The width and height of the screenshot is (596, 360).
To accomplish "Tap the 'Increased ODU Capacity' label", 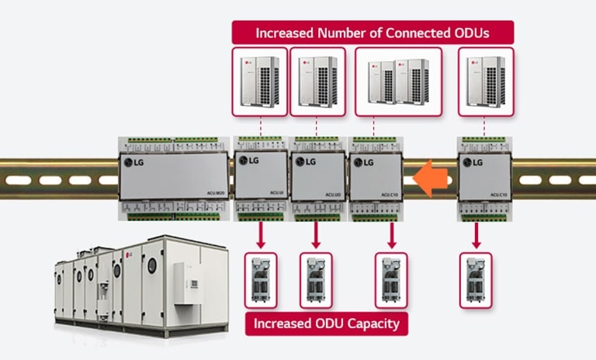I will click(x=327, y=324).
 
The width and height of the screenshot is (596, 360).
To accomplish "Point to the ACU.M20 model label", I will click(x=215, y=192).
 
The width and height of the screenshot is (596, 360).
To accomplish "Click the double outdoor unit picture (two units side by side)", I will click(x=398, y=81).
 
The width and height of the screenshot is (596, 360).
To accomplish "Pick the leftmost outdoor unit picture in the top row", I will click(x=259, y=81).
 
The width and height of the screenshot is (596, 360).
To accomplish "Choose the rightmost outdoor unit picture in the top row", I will click(x=486, y=81).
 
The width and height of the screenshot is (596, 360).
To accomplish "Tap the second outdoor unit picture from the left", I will click(x=317, y=81).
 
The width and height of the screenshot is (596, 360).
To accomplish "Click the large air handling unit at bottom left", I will click(x=140, y=283).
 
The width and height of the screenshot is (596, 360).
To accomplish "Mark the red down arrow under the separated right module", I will click(x=475, y=235).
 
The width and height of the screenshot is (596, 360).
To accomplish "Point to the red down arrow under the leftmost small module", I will click(x=261, y=235).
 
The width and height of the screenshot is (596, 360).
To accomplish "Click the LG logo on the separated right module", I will click(x=474, y=162).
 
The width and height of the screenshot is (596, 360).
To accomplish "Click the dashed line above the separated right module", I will click(x=485, y=126).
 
